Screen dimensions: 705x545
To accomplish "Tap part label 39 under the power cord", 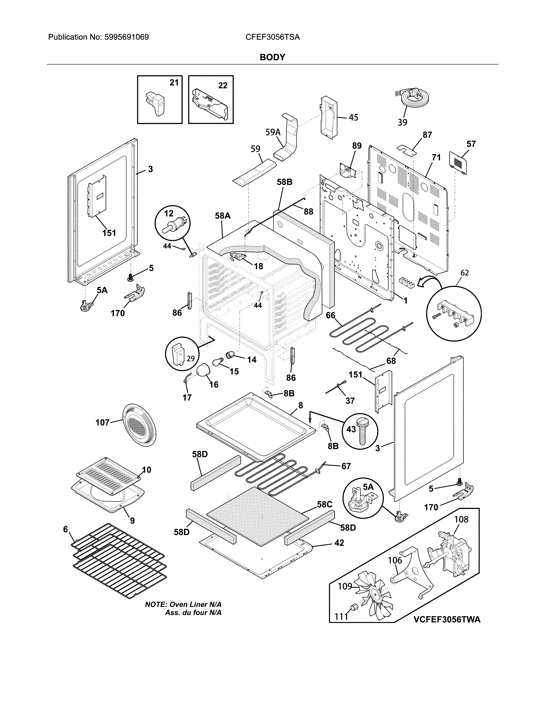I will pos(402,122).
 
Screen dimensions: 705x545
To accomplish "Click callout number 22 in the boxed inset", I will pos(223,85).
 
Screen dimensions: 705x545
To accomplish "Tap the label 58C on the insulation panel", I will pos(324,504).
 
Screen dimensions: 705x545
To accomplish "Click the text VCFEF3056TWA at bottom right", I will pos(447,629).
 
